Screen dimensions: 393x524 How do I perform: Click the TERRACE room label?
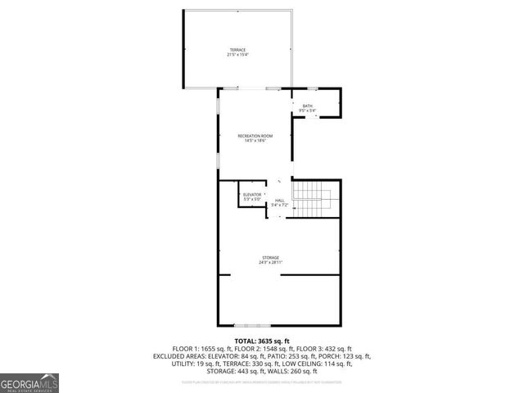pyautogui.click(x=237, y=50)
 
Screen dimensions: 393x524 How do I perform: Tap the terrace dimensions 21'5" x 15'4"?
pyautogui.click(x=237, y=55)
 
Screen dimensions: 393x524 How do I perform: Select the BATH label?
pyautogui.click(x=307, y=106)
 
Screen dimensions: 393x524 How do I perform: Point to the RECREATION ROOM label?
pyautogui.click(x=255, y=135)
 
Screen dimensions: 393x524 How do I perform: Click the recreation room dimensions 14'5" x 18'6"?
pyautogui.click(x=255, y=140)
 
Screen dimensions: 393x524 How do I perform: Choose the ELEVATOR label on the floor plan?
pyautogui.click(x=252, y=194)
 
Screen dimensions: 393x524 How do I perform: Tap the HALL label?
pyautogui.click(x=280, y=200)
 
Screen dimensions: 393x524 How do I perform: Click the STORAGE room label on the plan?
pyautogui.click(x=270, y=257)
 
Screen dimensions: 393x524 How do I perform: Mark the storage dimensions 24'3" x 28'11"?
pyautogui.click(x=270, y=262)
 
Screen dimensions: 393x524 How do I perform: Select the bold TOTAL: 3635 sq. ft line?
pyautogui.click(x=262, y=340)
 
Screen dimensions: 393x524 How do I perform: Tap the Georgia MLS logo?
pyautogui.click(x=29, y=382)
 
